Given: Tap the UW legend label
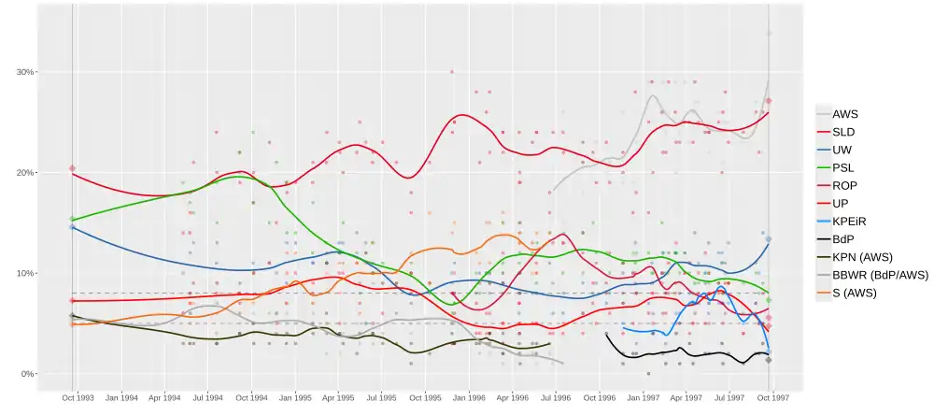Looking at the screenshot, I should point(842,150).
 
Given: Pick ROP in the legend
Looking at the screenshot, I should point(844,185).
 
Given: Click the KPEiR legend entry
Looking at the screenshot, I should point(849,222).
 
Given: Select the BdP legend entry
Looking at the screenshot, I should point(843,239).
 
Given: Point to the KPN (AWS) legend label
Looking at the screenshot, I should point(859,257).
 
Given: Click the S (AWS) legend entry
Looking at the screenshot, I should point(855,294).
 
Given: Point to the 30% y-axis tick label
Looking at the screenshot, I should point(24,72).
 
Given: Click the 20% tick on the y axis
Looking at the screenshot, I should point(24,173).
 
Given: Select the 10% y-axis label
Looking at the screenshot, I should point(24,273).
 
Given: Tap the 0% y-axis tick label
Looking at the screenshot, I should point(27,374).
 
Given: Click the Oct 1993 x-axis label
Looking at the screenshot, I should point(78,397).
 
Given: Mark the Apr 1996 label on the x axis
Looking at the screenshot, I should point(513,397).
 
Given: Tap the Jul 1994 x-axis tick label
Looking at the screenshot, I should point(208,397).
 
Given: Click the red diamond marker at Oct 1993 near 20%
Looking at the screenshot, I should point(73,168).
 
